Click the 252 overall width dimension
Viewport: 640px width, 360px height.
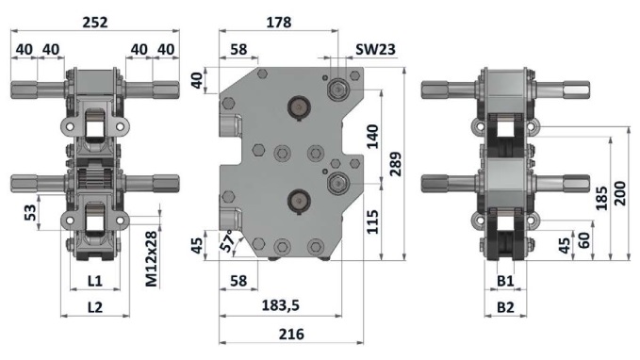(x=95, y=22)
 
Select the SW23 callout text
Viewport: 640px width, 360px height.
(x=375, y=49)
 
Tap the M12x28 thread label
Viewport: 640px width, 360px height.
(x=151, y=259)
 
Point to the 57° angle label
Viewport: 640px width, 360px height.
(x=229, y=240)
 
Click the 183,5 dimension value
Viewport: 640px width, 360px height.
(x=280, y=305)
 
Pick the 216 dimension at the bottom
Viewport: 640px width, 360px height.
(x=291, y=335)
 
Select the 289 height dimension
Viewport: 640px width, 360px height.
(x=395, y=164)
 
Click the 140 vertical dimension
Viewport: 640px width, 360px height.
(x=372, y=137)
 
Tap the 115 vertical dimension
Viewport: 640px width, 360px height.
(x=372, y=222)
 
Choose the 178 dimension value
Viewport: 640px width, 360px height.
(x=279, y=22)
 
